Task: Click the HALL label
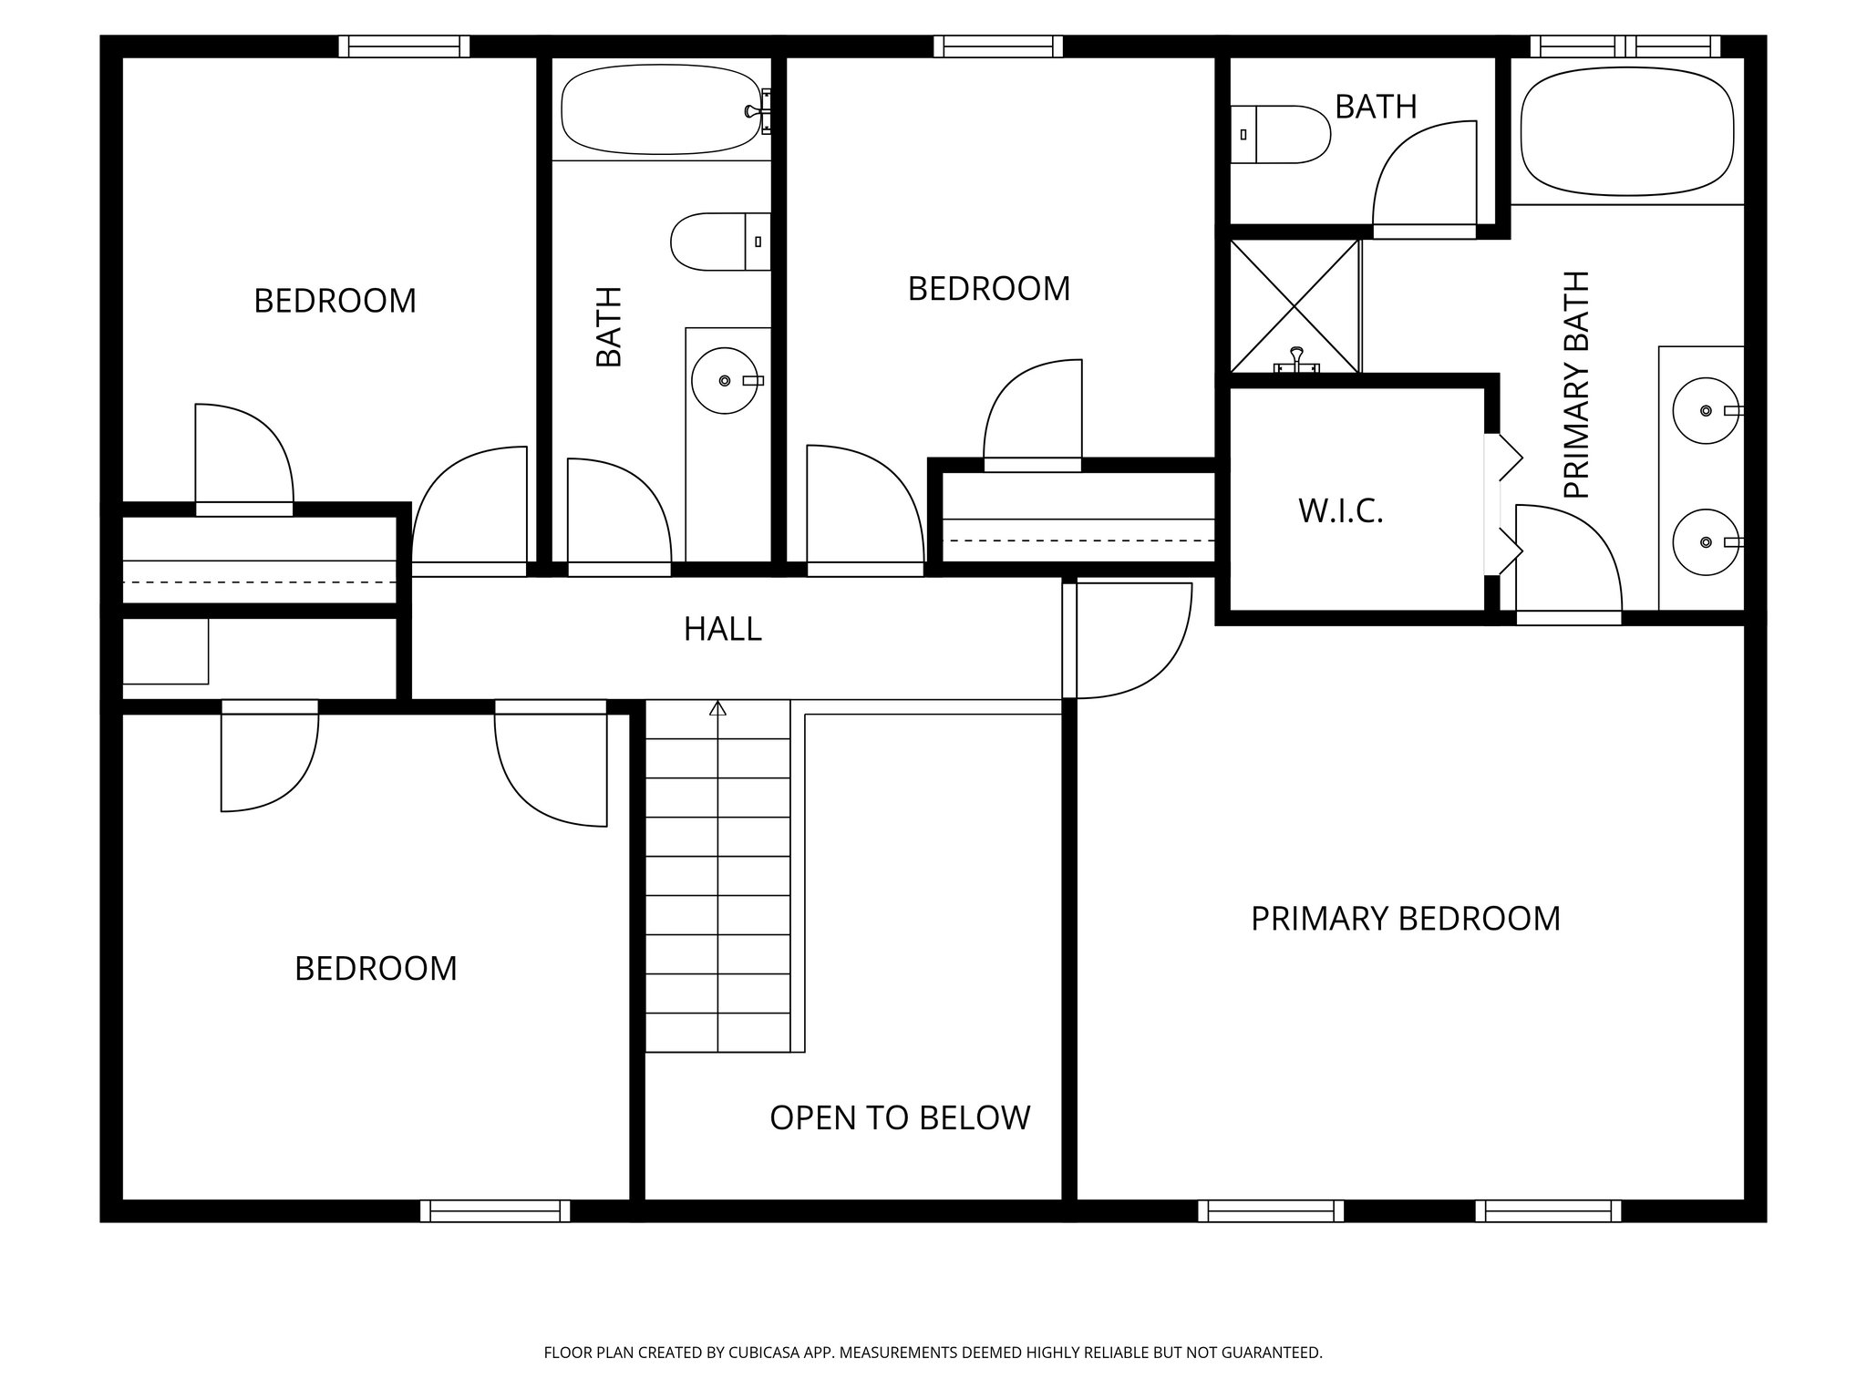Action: [x=723, y=629]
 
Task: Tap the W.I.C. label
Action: [x=1340, y=511]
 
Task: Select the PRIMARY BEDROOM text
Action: [x=1405, y=919]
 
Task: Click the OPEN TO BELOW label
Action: [x=900, y=1117]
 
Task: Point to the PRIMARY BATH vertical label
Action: [x=1576, y=385]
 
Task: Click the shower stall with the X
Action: [x=1295, y=305]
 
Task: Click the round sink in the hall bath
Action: [x=724, y=381]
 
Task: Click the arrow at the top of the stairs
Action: [x=717, y=707]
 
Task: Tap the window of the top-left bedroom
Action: [x=404, y=46]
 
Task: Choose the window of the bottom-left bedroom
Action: [x=495, y=1210]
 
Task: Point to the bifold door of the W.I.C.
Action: [x=1506, y=506]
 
